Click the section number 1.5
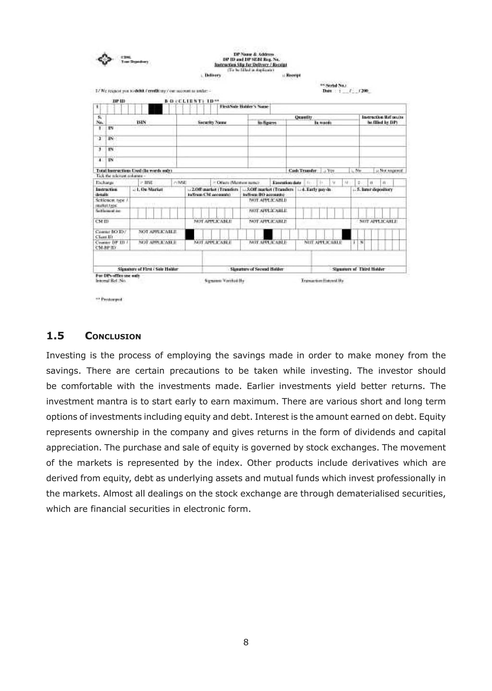click(x=55, y=336)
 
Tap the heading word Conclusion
click(x=113, y=336)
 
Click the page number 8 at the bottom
click(x=246, y=642)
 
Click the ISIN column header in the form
click(x=141, y=122)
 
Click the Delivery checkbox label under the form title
click(x=212, y=75)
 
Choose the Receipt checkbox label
click(x=293, y=75)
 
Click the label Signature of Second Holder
click(x=257, y=269)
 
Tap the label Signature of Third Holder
click(x=358, y=269)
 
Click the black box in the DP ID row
click(x=155, y=109)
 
